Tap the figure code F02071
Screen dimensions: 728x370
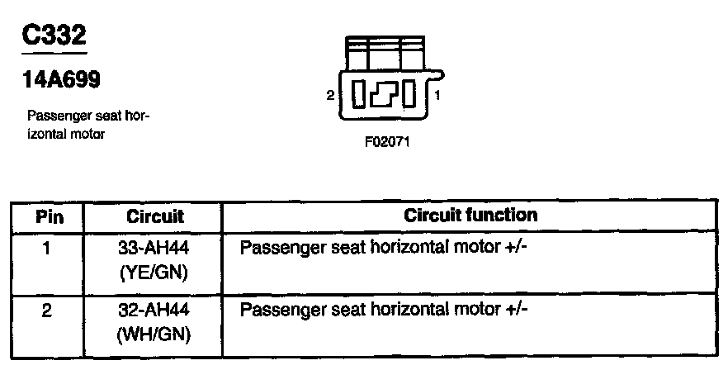[x=386, y=141]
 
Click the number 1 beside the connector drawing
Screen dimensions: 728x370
[x=437, y=96]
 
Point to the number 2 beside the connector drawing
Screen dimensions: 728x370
[x=330, y=96]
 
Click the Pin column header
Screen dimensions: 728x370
[x=48, y=217]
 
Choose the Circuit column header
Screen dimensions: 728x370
[x=154, y=217]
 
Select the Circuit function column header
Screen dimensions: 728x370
[x=470, y=216]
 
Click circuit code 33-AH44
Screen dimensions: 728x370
[x=154, y=247]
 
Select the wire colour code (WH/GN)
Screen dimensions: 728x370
[x=154, y=334]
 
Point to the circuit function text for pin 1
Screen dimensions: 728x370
[x=383, y=247]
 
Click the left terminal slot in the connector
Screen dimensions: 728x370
[x=358, y=94]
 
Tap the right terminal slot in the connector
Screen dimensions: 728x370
[x=411, y=94]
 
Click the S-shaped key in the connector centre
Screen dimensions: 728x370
[x=385, y=94]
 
